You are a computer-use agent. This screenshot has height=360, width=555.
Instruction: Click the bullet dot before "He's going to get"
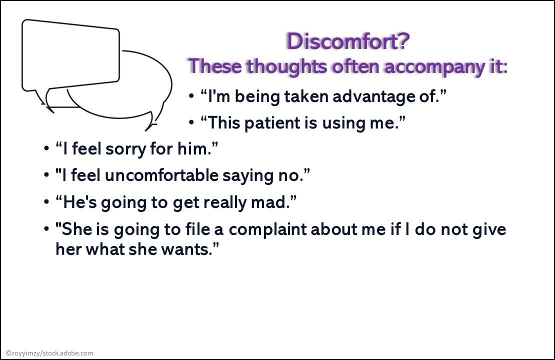46,202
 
